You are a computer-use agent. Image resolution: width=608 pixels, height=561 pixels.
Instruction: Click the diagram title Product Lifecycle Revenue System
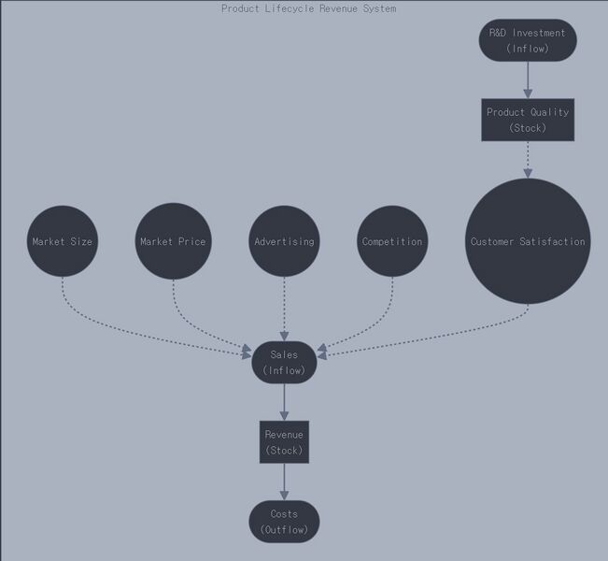[x=308, y=8]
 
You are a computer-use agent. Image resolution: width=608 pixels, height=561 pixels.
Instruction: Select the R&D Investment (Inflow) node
[x=528, y=40]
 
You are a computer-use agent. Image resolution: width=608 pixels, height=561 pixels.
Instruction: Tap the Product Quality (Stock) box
[x=528, y=120]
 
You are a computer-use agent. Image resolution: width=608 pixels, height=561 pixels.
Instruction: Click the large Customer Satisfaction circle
[x=528, y=241]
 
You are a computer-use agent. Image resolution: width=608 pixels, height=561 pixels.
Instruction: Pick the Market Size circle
[x=63, y=241]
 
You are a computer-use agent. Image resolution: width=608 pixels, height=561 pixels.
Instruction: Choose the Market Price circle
[x=173, y=241]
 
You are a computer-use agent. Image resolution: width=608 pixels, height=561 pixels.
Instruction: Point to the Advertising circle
[x=284, y=241]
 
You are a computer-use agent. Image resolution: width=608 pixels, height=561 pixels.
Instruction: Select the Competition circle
[x=392, y=241]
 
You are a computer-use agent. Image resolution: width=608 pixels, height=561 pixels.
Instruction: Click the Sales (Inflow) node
[x=284, y=363]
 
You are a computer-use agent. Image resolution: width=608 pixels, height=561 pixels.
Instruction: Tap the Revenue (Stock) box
[x=284, y=442]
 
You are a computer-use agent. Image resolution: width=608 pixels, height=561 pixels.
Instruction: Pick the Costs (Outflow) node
[x=284, y=522]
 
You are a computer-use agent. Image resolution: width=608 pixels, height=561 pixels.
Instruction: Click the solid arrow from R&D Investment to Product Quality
[x=528, y=79]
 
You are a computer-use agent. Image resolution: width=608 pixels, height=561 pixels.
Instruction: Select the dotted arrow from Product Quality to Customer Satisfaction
[x=528, y=159]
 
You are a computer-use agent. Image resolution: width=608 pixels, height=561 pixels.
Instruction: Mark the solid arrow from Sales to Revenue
[x=284, y=402]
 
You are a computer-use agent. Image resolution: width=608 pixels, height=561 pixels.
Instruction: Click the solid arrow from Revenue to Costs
[x=284, y=482]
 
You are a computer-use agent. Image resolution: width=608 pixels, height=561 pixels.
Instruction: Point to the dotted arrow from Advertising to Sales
[x=284, y=309]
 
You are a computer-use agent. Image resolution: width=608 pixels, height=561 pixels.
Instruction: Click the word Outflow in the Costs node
[x=284, y=530]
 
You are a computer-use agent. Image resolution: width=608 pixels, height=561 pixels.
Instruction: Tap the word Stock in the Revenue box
[x=284, y=451]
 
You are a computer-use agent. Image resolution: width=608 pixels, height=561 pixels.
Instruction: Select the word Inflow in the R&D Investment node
[x=528, y=49]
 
